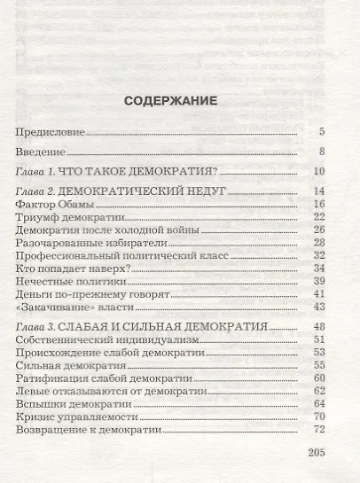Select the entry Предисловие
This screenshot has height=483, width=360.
tap(50, 132)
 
